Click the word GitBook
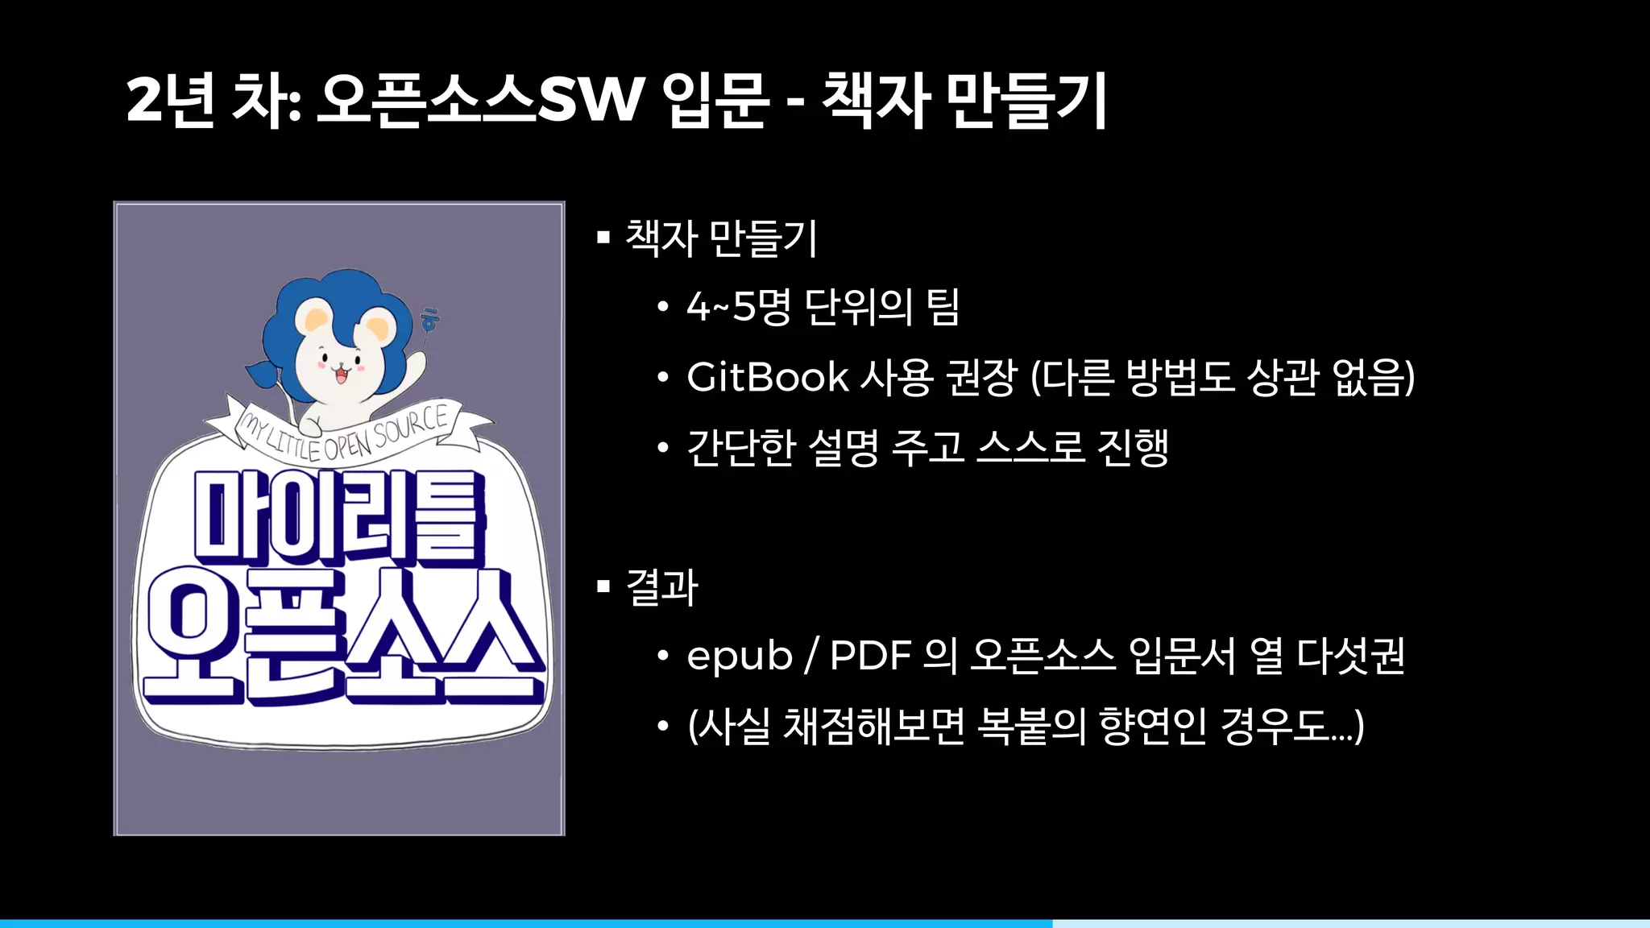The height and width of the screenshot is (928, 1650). click(x=768, y=377)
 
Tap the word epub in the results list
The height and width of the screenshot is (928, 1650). click(x=740, y=656)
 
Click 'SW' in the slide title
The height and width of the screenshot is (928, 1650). click(x=591, y=100)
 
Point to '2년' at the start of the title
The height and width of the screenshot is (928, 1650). click(x=170, y=100)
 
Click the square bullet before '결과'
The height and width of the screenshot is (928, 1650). click(x=603, y=586)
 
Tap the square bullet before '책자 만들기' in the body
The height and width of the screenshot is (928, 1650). click(x=603, y=237)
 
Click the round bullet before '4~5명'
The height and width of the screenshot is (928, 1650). click(x=662, y=307)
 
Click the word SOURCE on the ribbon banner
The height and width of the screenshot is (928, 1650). click(x=410, y=425)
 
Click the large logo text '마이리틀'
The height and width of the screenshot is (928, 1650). click(x=339, y=516)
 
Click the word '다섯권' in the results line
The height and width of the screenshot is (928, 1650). click(x=1351, y=656)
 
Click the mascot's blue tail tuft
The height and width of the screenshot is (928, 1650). click(x=263, y=374)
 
